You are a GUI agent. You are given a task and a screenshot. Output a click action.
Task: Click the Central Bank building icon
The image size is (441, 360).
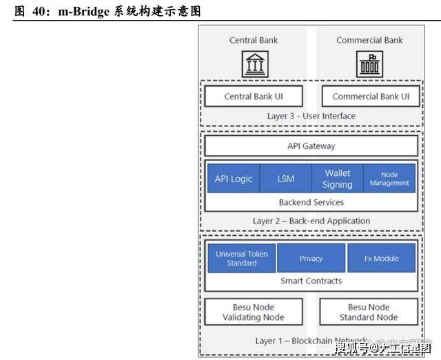point(253,64)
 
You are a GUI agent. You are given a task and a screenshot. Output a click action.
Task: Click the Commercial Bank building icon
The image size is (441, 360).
point(369,64)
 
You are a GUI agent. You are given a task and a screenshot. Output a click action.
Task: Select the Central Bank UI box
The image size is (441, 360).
point(253,97)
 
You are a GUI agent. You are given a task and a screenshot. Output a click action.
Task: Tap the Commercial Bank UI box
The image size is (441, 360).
point(370,97)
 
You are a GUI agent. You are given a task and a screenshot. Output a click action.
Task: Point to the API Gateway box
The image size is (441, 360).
point(311,146)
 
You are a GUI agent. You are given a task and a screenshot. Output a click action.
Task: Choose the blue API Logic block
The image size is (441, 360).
point(233,179)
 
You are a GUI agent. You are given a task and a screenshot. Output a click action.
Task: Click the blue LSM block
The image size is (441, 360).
point(285,179)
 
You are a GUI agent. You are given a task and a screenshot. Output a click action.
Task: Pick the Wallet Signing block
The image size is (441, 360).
point(337,179)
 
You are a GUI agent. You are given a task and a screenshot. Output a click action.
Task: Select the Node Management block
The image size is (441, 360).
point(389,179)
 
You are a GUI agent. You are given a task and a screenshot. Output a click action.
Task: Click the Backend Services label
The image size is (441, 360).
point(311,203)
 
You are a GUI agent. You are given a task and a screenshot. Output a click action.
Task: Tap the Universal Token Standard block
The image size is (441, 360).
point(241,259)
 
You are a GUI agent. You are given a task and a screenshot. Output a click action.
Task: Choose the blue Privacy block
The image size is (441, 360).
point(311,259)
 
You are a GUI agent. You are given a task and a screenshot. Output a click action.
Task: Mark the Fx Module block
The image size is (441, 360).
point(381,259)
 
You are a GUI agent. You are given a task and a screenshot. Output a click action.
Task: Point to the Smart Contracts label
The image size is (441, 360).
point(311,281)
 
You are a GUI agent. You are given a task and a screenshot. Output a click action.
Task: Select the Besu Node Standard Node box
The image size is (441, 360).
point(369,312)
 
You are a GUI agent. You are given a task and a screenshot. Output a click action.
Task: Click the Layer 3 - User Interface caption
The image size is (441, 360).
point(311,116)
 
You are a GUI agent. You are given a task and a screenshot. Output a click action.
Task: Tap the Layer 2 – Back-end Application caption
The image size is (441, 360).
point(311,221)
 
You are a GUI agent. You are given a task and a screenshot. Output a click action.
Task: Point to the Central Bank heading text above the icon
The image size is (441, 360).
point(253,40)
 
